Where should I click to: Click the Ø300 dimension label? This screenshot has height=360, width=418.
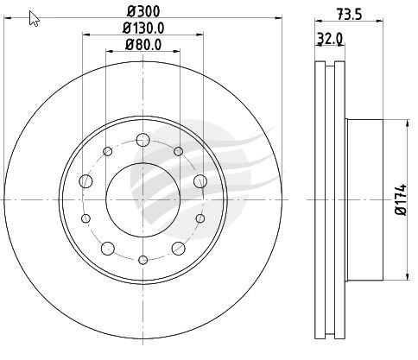(x=143, y=11)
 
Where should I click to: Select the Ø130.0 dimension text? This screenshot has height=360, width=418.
(x=143, y=28)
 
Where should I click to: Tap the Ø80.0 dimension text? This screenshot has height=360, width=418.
(x=143, y=45)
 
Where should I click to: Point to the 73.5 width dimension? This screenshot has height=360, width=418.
(x=349, y=14)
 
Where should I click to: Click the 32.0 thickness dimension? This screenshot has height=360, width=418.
(x=329, y=38)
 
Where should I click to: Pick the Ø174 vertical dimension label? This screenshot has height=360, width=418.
(x=401, y=199)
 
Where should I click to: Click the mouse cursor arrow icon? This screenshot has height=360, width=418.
(x=35, y=18)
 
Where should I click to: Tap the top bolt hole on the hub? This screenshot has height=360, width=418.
(x=143, y=140)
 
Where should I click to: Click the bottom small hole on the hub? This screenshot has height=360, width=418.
(x=143, y=260)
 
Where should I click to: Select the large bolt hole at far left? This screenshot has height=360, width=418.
(x=85, y=181)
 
